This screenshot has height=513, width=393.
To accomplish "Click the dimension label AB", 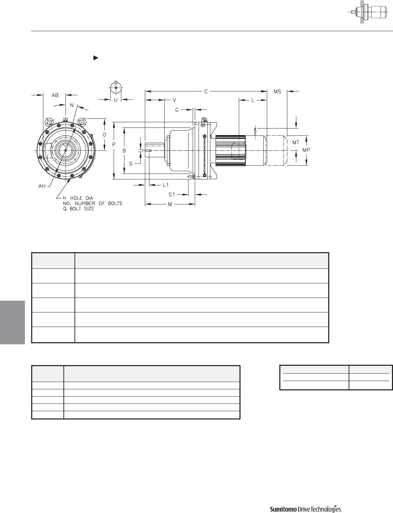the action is click(55, 95).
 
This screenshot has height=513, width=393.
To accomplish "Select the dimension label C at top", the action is click(206, 91).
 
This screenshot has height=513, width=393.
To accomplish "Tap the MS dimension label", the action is click(277, 91).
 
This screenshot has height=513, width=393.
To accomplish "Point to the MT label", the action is click(296, 142).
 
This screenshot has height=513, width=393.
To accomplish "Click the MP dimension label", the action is click(306, 150).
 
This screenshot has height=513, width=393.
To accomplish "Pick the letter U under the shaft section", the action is click(116, 100).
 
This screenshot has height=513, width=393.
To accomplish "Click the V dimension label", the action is click(174, 100).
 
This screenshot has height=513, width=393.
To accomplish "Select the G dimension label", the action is click(177, 110).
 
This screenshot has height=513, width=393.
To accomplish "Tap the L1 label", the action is click(166, 185).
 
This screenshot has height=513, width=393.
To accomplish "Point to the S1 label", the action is click(172, 195).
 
